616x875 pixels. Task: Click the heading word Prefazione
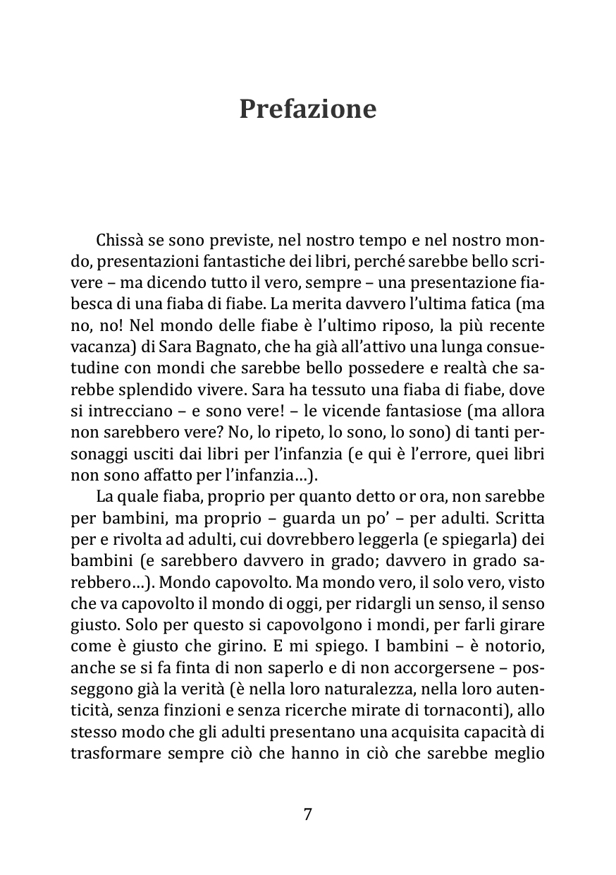click(x=307, y=109)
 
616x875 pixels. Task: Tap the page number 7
click(x=307, y=814)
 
